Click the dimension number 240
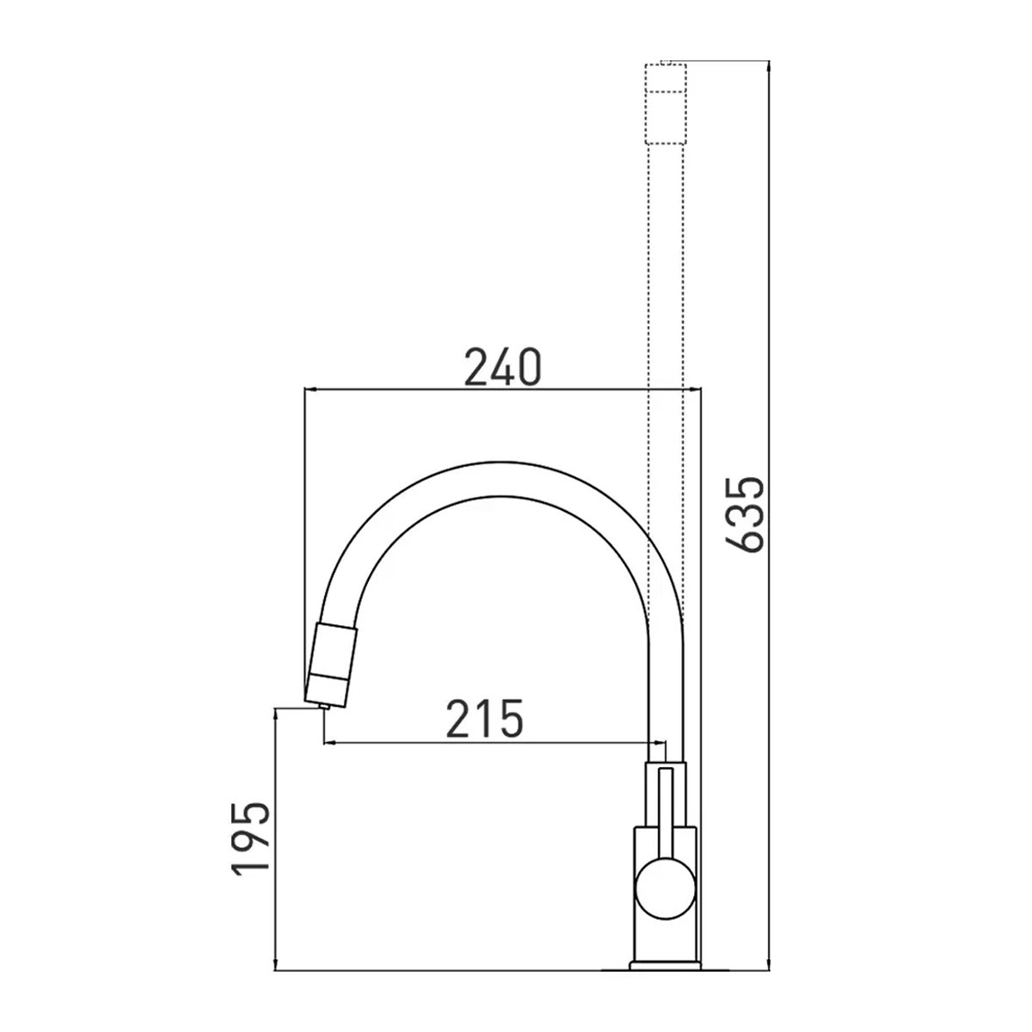click(502, 367)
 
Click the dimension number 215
click(485, 718)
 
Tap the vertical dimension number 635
click(745, 514)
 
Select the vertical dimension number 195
click(250, 838)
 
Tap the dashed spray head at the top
click(666, 104)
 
